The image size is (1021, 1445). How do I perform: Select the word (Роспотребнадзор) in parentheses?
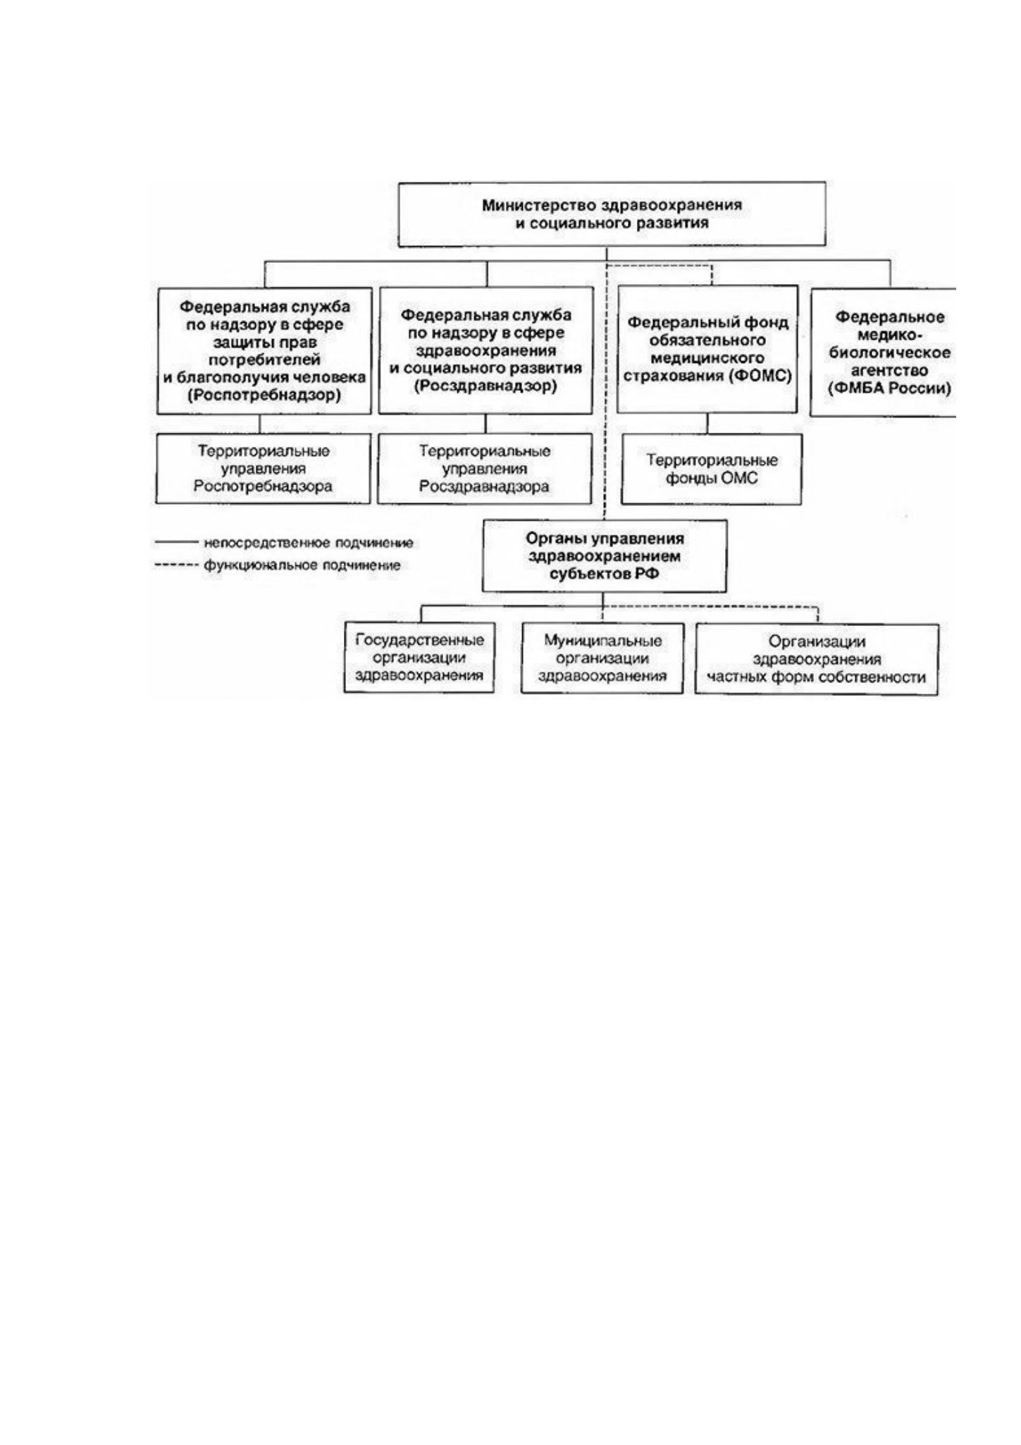click(264, 395)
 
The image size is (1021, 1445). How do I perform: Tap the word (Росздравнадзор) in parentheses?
click(485, 386)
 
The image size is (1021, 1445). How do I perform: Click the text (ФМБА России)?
click(889, 388)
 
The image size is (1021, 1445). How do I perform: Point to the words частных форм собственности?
click(817, 677)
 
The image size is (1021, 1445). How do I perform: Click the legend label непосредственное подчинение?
click(309, 543)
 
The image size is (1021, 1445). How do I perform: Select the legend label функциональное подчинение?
click(302, 565)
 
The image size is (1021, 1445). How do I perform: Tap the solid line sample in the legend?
click(176, 542)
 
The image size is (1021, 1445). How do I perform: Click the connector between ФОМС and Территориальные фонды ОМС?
click(708, 424)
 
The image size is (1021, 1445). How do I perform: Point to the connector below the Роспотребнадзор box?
click(260, 424)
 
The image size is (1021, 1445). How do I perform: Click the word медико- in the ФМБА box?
click(890, 335)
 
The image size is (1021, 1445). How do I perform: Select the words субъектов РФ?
click(605, 574)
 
